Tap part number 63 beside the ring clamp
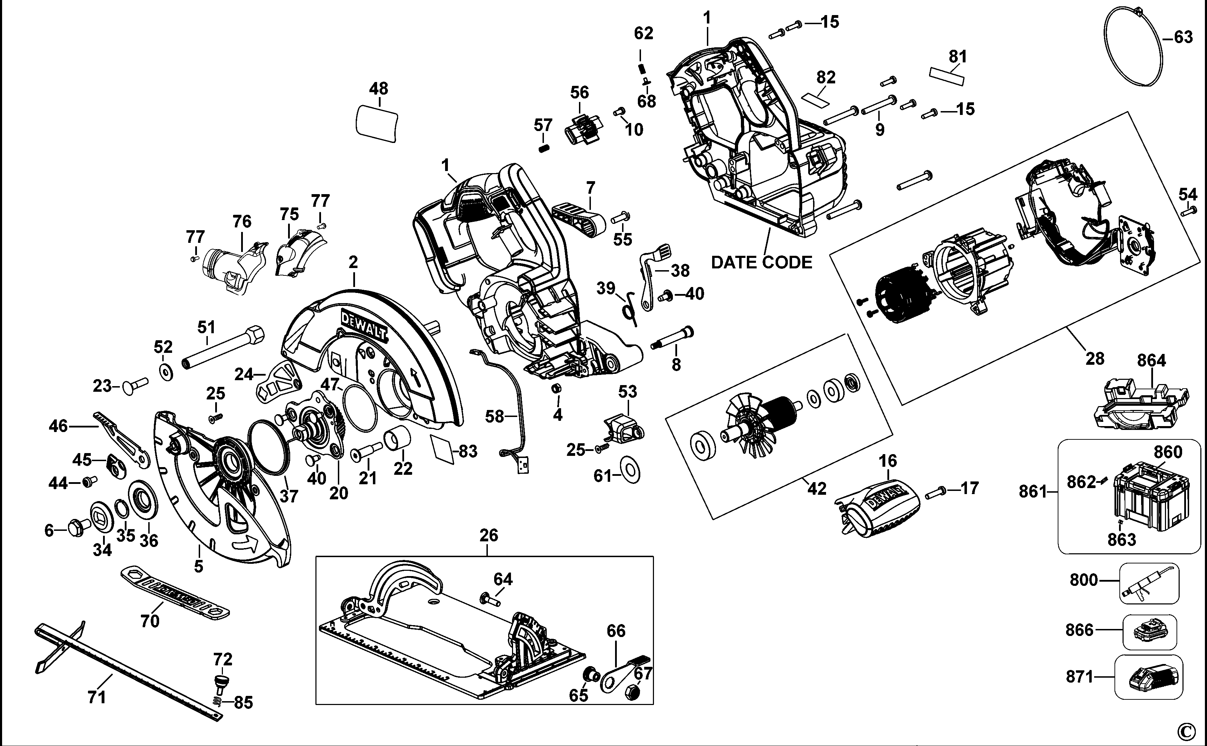click(x=1183, y=37)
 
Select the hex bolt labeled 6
click(x=78, y=528)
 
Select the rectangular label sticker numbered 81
click(x=947, y=76)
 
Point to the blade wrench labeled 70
click(x=175, y=591)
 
